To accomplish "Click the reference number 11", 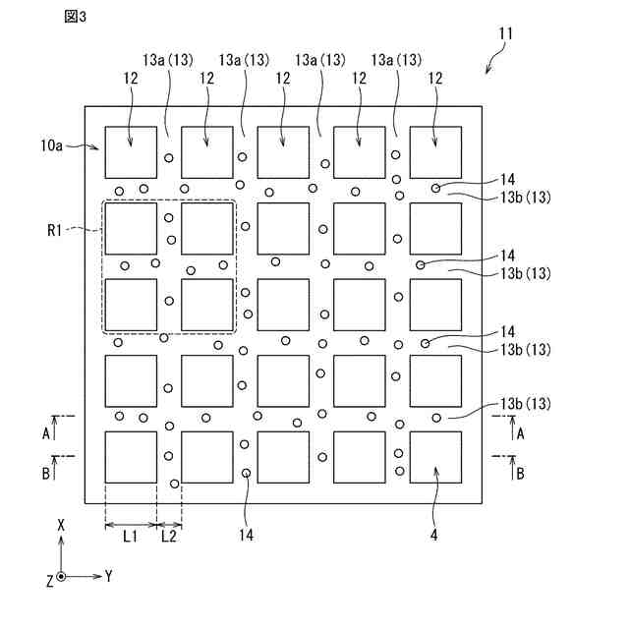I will coord(504,33).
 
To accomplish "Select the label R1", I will coord(55,230).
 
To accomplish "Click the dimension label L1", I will coord(130,537).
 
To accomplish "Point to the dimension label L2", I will coord(169,537).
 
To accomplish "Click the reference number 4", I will coord(433,536).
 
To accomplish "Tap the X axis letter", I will coord(61,527).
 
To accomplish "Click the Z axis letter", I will coord(48,580).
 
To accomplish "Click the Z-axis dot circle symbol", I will coord(61,577).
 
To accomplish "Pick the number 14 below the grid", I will coord(246,536).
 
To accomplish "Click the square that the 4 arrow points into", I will coord(434,457).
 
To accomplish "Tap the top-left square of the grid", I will coord(131,152).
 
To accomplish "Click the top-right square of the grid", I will coord(434,152).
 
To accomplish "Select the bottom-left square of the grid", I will coord(131,457).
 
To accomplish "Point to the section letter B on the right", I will coord(520,473).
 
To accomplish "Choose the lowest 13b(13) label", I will coord(526,404).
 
